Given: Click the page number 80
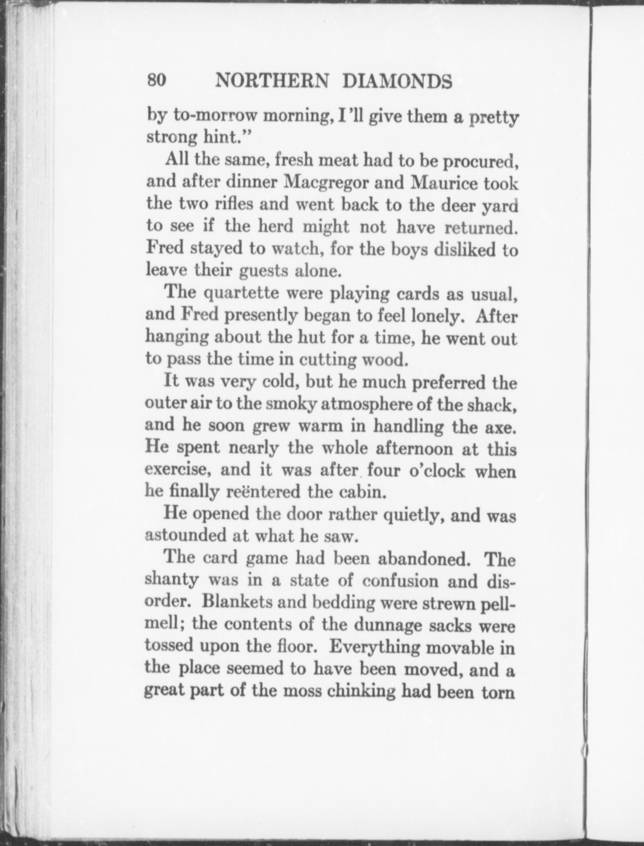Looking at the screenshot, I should click(x=157, y=80).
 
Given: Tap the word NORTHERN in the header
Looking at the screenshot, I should click(x=271, y=81).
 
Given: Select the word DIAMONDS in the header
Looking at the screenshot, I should click(x=397, y=81).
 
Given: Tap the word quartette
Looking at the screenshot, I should click(x=241, y=293).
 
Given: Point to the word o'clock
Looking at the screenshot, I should click(x=436, y=470).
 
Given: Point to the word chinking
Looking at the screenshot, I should click(x=361, y=691).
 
